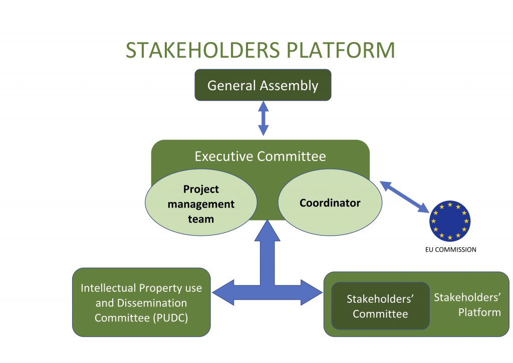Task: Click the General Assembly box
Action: [263, 85]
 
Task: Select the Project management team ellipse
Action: [201, 204]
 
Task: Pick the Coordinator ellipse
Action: [330, 203]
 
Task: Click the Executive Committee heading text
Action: [260, 156]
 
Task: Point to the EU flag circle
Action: [449, 221]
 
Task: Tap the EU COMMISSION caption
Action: [447, 249]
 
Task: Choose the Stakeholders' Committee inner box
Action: [380, 306]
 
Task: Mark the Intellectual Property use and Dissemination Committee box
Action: [141, 302]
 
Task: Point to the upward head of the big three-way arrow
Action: [268, 232]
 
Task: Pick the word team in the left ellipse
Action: [201, 219]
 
